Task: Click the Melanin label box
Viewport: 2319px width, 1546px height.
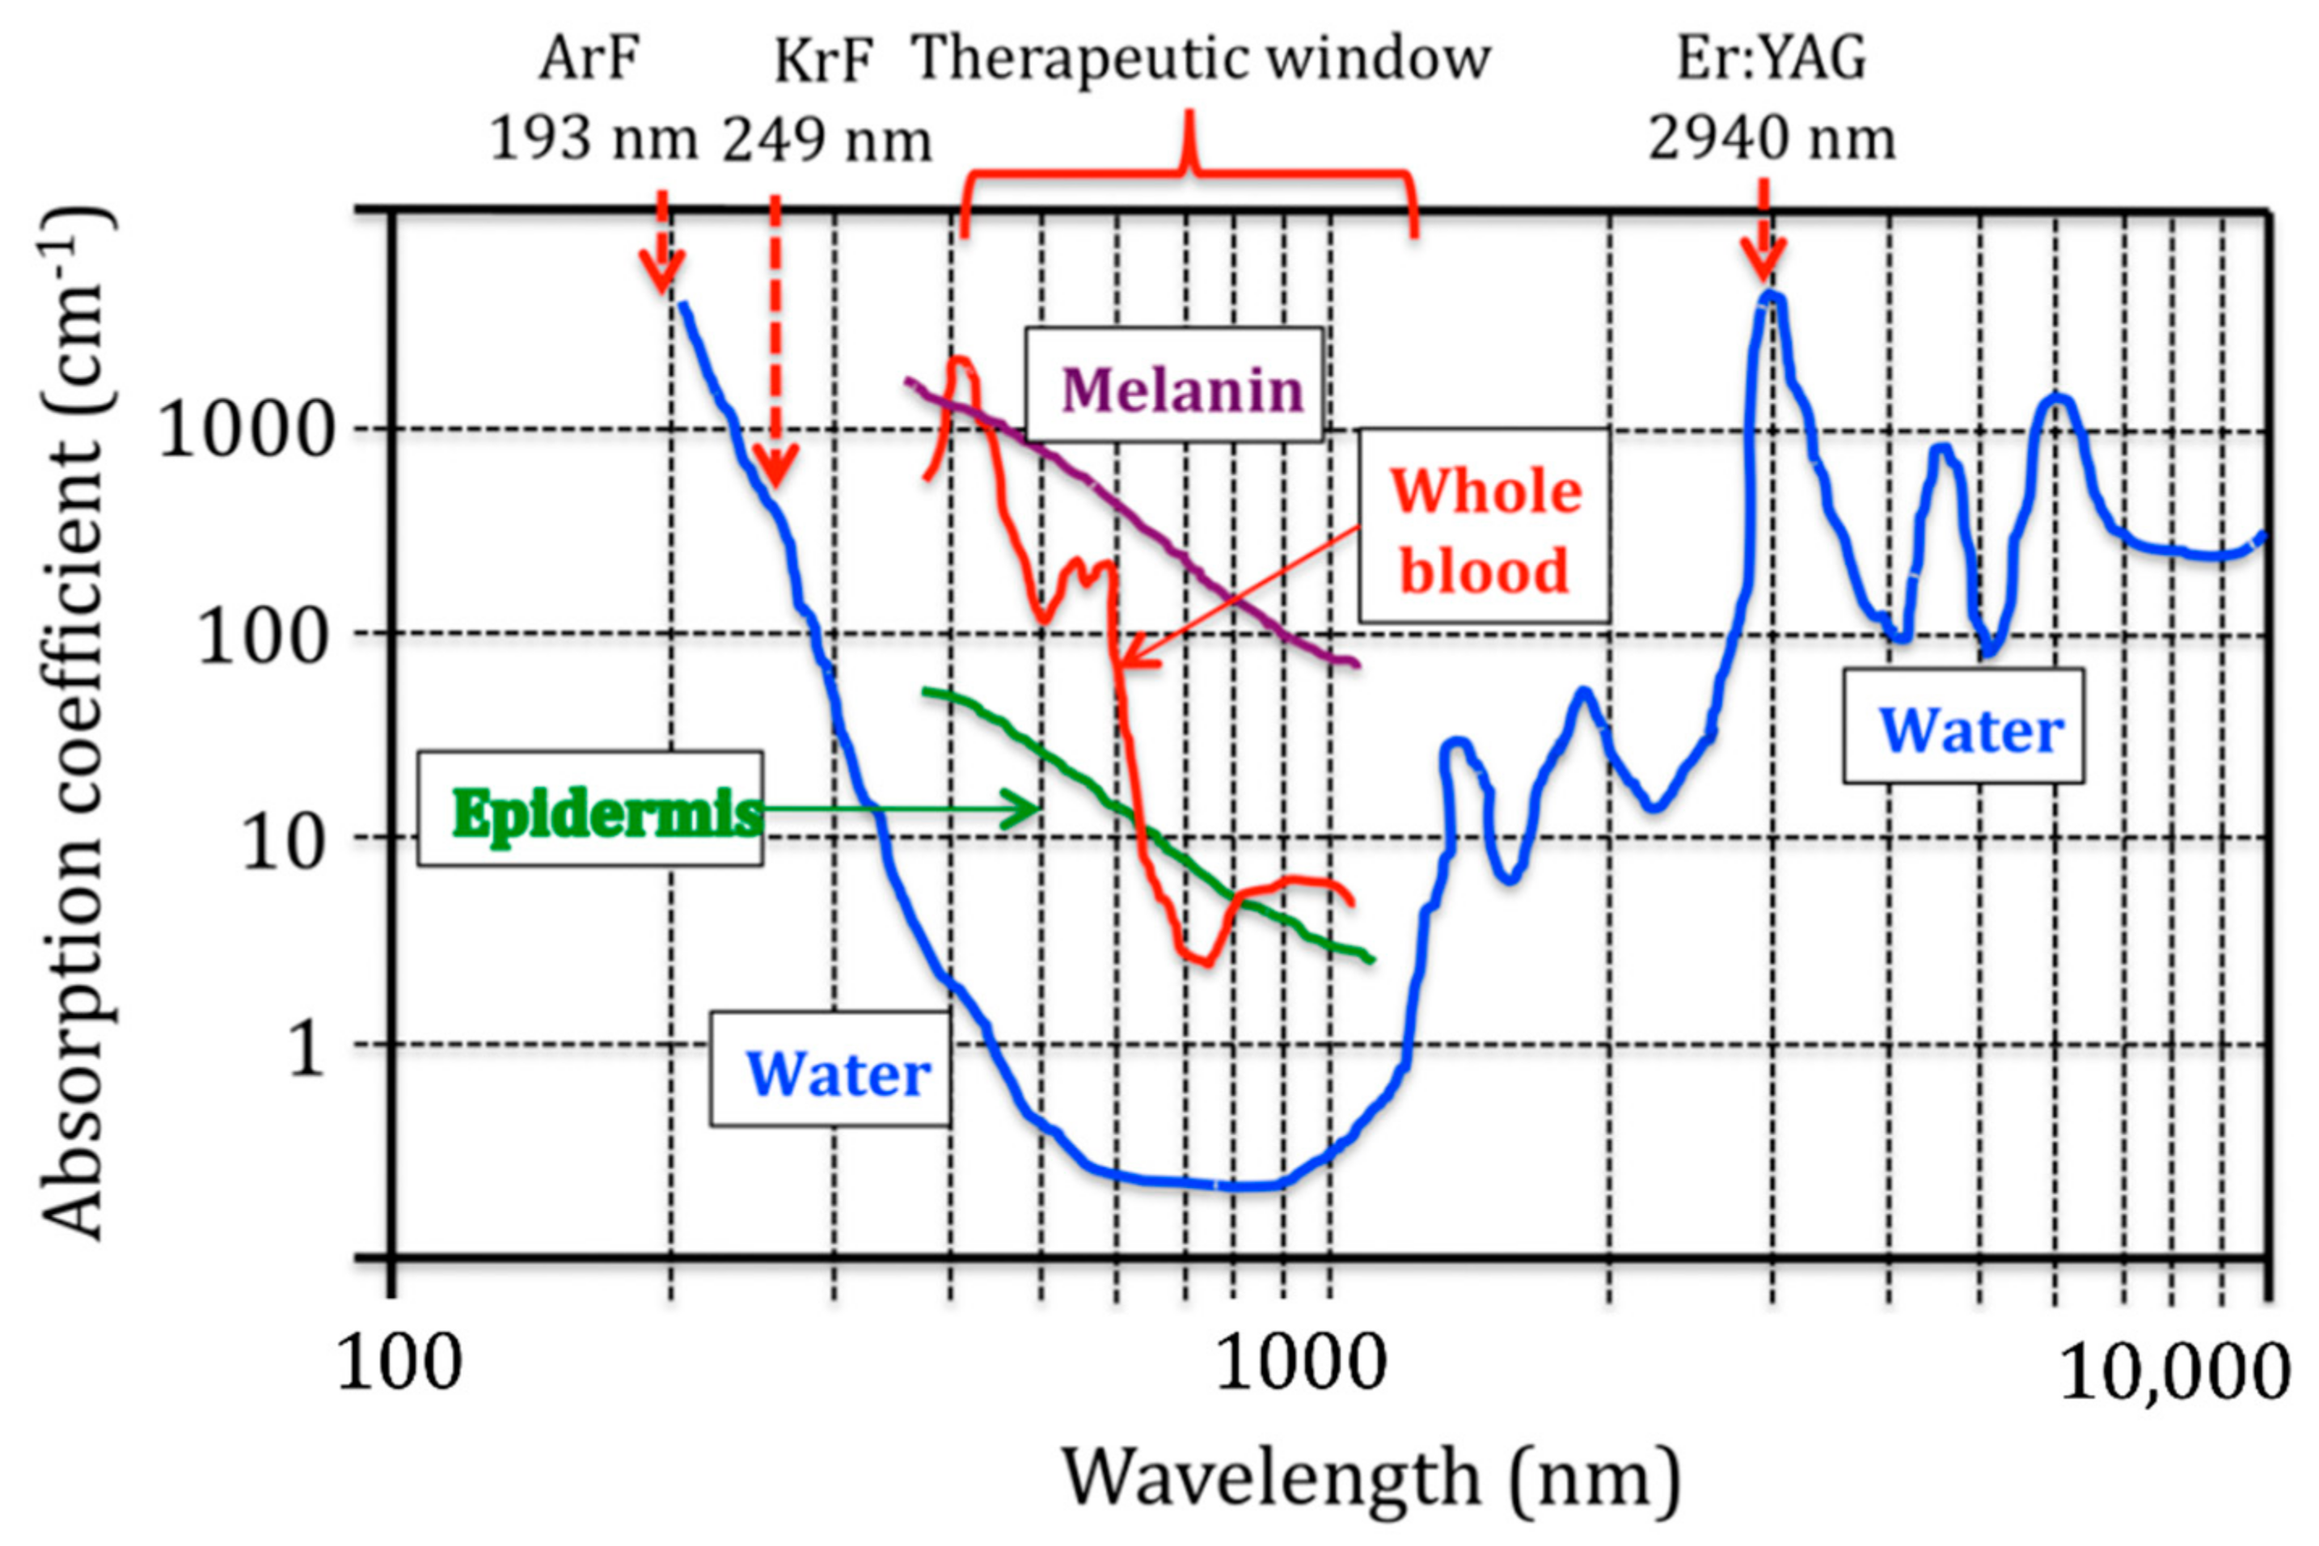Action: click(x=1173, y=386)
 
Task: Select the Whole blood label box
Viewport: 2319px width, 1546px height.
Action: click(x=1484, y=526)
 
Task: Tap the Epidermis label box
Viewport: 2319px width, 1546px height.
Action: click(x=590, y=809)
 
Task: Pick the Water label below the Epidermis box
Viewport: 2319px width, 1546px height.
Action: click(x=830, y=1069)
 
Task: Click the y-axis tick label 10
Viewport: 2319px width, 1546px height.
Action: click(x=282, y=841)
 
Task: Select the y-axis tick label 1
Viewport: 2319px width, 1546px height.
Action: click(x=306, y=1047)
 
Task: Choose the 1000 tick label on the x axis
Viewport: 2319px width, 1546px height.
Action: click(x=1299, y=1365)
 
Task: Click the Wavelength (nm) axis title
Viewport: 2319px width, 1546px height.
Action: click(x=1371, y=1479)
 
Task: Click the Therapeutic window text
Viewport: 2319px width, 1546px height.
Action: click(x=1201, y=59)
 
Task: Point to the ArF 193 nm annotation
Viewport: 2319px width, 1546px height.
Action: click(x=592, y=99)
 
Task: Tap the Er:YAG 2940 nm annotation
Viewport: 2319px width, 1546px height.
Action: click(x=1772, y=99)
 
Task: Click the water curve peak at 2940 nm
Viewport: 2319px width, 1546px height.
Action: click(x=1772, y=296)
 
